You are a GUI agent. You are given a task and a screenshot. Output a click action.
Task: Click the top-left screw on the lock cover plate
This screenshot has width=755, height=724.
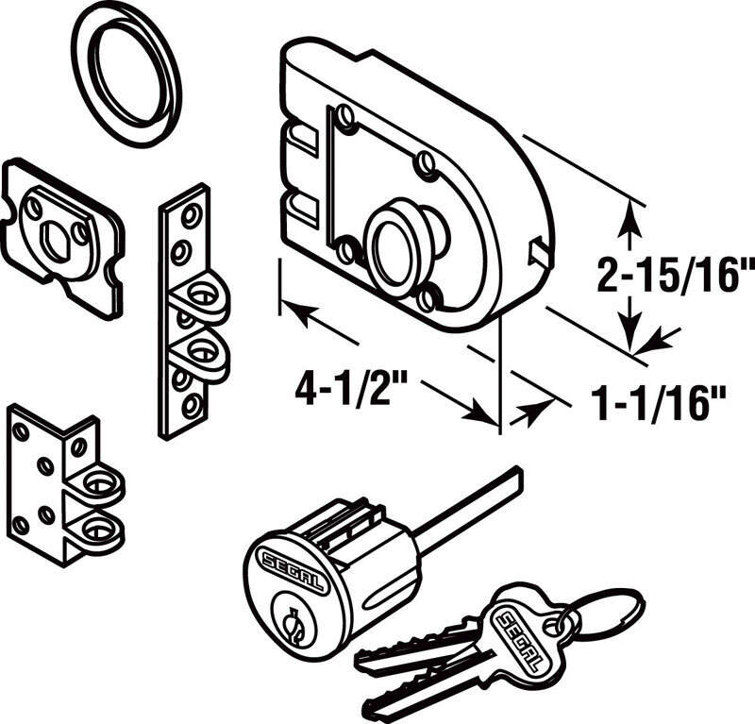[x=346, y=118]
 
